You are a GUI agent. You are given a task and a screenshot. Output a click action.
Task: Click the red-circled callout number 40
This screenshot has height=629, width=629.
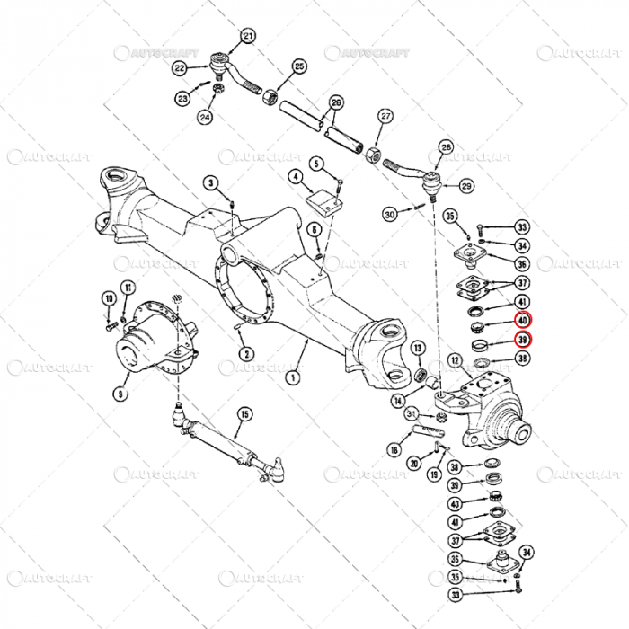(523, 320)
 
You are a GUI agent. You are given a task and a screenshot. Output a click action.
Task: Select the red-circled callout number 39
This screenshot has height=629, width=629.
(523, 339)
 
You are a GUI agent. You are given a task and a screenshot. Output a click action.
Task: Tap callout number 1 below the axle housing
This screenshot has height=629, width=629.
(292, 378)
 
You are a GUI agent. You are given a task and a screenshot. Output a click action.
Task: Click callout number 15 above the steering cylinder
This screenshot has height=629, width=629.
(244, 414)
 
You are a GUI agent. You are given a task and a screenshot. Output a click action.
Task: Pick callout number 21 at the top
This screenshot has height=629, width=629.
(248, 36)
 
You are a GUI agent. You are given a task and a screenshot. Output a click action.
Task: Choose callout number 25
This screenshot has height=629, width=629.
(299, 66)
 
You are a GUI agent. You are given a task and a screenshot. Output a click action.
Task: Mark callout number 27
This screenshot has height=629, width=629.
(385, 116)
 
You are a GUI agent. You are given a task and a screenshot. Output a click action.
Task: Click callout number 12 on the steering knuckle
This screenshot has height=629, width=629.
(456, 361)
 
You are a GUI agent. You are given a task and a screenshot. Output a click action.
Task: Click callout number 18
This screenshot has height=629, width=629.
(394, 449)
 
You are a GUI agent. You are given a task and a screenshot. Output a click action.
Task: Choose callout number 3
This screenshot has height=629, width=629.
(211, 183)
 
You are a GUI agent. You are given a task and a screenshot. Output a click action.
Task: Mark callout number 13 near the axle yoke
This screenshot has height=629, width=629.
(418, 348)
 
